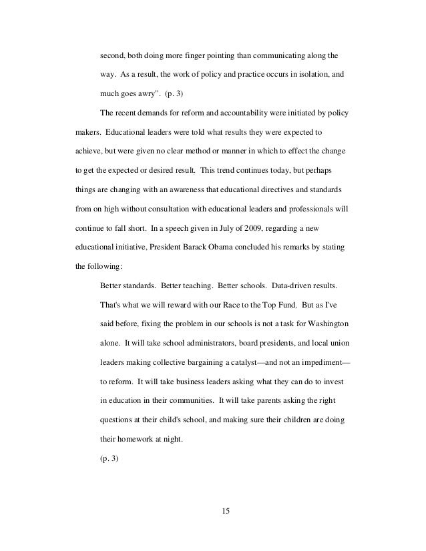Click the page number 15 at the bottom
pos(224,512)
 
